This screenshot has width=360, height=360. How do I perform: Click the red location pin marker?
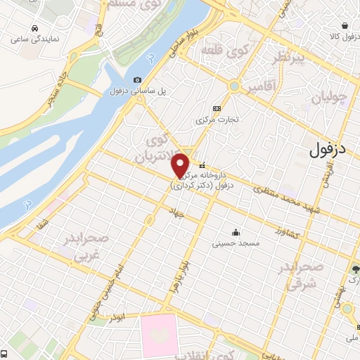pyautogui.click(x=181, y=165)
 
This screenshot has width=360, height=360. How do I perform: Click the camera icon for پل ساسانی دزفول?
pyautogui.click(x=137, y=79)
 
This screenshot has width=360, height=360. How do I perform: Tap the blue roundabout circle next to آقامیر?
pyautogui.click(x=233, y=86)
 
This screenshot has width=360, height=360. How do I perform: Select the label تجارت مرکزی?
pyautogui.click(x=217, y=119)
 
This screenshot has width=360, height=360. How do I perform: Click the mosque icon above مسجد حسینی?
pyautogui.click(x=235, y=233)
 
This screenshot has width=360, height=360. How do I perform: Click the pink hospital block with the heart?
pyautogui.click(x=168, y=335)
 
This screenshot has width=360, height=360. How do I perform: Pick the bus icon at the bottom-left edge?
pyautogui.click(x=4, y=354)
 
